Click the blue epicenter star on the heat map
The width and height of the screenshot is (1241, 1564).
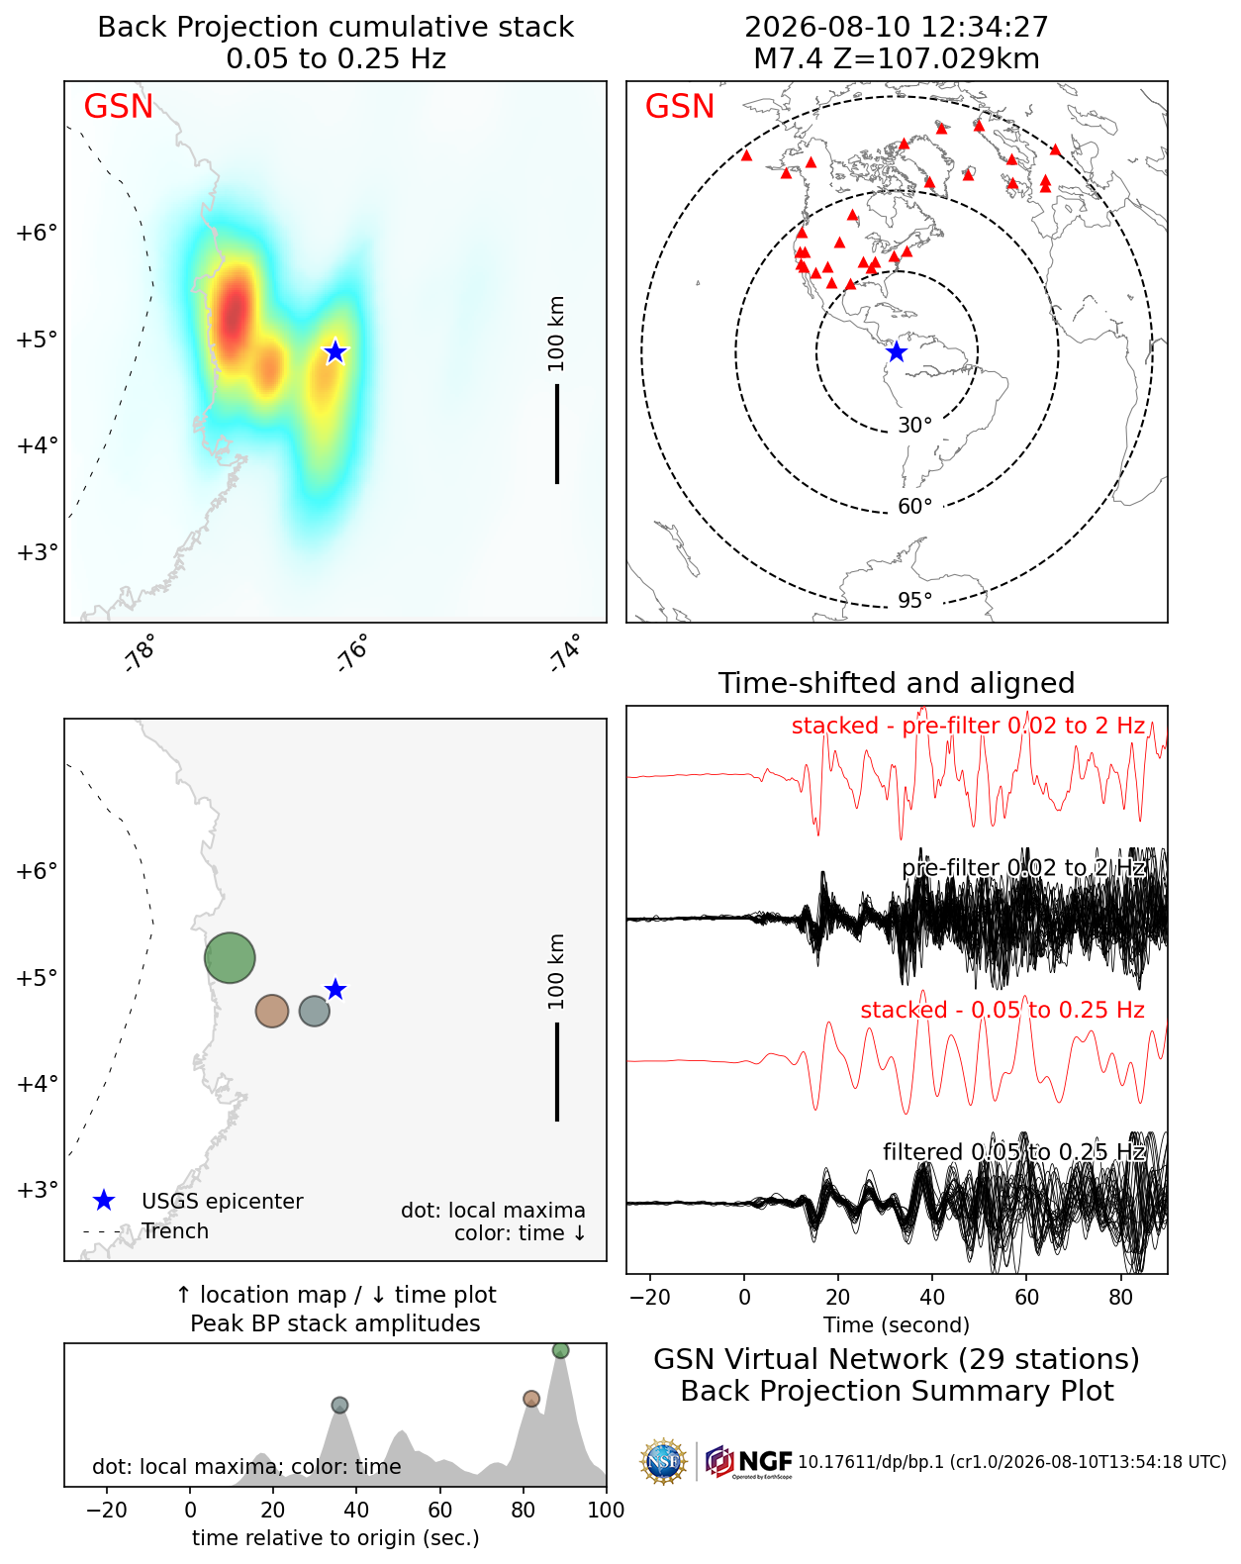pyautogui.click(x=334, y=351)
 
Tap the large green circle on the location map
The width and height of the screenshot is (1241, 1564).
pyautogui.click(x=230, y=958)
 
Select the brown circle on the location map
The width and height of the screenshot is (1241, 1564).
pyautogui.click(x=272, y=1011)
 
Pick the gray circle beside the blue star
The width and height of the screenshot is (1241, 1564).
pyautogui.click(x=314, y=1011)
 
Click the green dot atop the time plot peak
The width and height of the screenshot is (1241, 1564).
pyautogui.click(x=560, y=1350)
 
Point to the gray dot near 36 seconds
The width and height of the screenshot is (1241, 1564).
pyautogui.click(x=339, y=1405)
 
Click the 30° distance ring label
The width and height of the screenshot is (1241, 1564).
pyautogui.click(x=914, y=426)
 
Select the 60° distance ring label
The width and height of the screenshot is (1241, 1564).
pyautogui.click(x=914, y=507)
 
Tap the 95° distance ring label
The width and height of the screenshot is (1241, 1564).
pyautogui.click(x=914, y=600)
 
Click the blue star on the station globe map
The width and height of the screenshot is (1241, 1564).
pyautogui.click(x=897, y=351)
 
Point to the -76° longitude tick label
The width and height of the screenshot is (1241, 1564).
pyautogui.click(x=353, y=652)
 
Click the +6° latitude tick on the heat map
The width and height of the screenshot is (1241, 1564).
pyautogui.click(x=37, y=233)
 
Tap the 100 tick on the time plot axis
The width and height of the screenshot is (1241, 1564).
pyautogui.click(x=606, y=1510)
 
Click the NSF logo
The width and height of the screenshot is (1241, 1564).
pyautogui.click(x=663, y=1461)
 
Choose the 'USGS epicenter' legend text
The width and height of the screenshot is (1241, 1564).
pyautogui.click(x=223, y=1202)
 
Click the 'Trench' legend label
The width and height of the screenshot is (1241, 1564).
pyautogui.click(x=175, y=1231)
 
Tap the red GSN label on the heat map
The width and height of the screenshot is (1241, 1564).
pyautogui.click(x=119, y=106)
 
